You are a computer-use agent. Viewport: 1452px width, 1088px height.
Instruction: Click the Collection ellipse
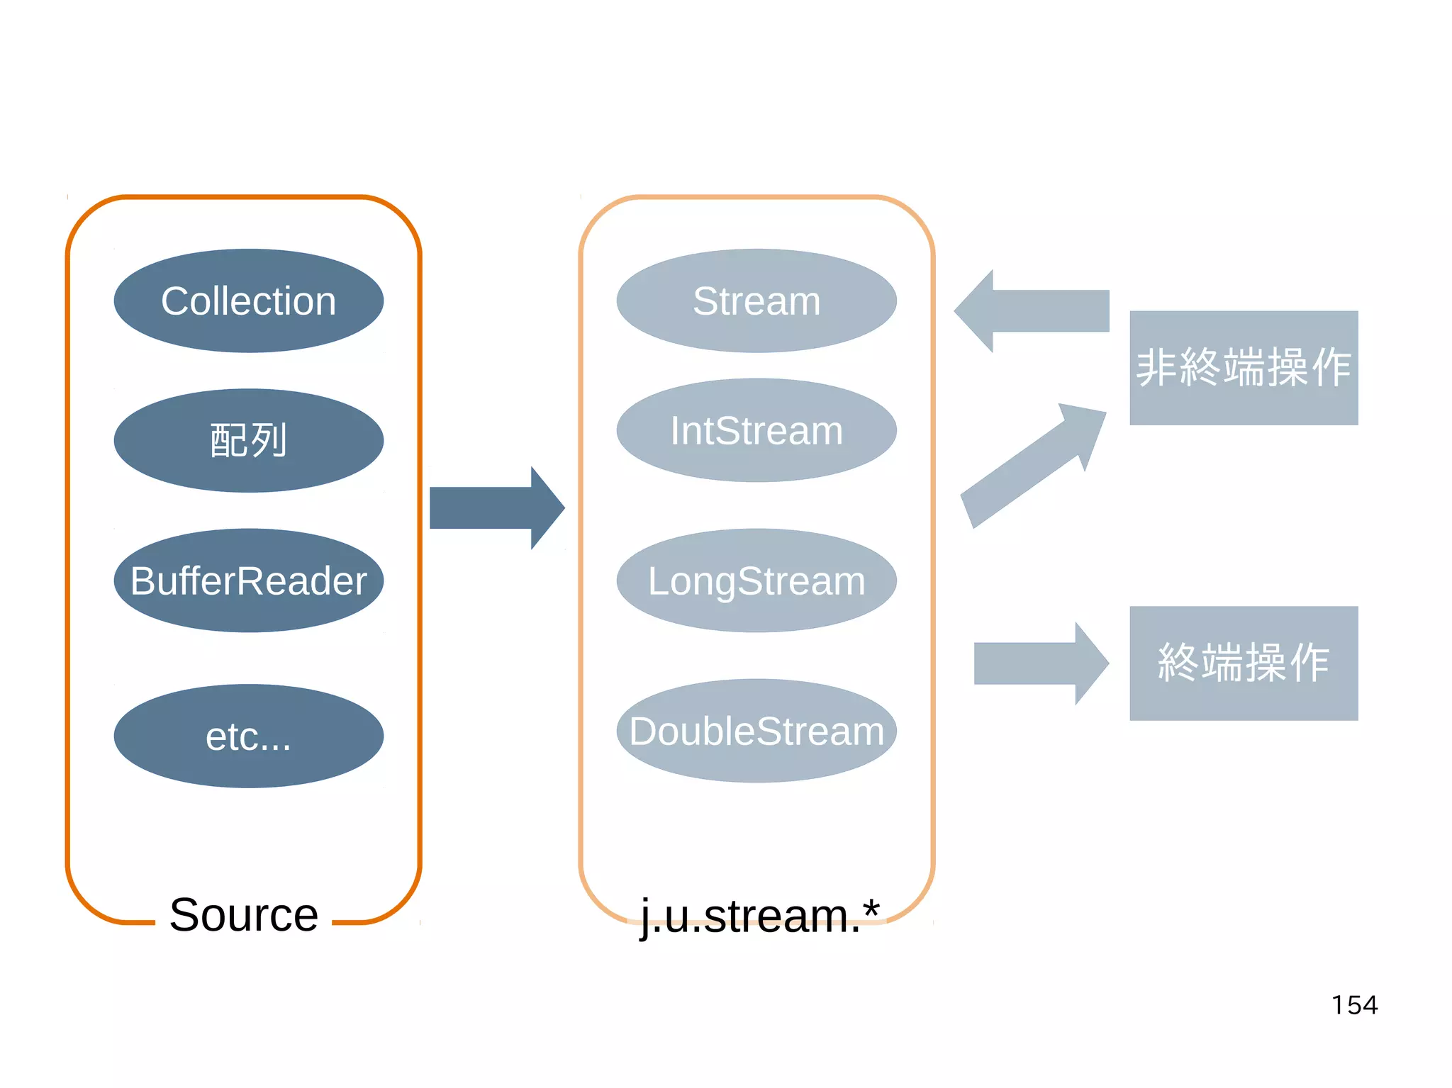(248, 301)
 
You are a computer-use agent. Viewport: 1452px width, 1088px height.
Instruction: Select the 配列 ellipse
(248, 440)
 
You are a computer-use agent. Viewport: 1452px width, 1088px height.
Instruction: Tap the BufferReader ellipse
(248, 581)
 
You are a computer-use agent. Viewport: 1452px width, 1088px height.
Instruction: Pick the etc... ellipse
(248, 736)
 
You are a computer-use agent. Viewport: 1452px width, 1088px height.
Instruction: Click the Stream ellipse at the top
(756, 301)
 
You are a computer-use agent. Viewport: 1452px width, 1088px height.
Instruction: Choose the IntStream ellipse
(756, 430)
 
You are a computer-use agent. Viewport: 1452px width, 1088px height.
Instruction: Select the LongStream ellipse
(756, 581)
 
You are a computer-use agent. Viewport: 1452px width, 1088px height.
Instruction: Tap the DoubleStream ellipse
(756, 731)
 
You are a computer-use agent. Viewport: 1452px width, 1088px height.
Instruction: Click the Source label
(244, 914)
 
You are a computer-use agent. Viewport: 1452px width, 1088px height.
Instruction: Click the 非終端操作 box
(1244, 367)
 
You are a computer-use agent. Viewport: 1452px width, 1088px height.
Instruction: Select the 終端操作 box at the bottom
(1244, 663)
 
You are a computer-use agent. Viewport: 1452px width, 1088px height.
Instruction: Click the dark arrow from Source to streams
(496, 507)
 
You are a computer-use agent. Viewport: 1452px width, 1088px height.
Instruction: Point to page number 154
(1354, 1005)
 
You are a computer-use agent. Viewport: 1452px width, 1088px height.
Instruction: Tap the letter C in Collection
(174, 301)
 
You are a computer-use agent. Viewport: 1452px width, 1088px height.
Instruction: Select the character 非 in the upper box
(1157, 367)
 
